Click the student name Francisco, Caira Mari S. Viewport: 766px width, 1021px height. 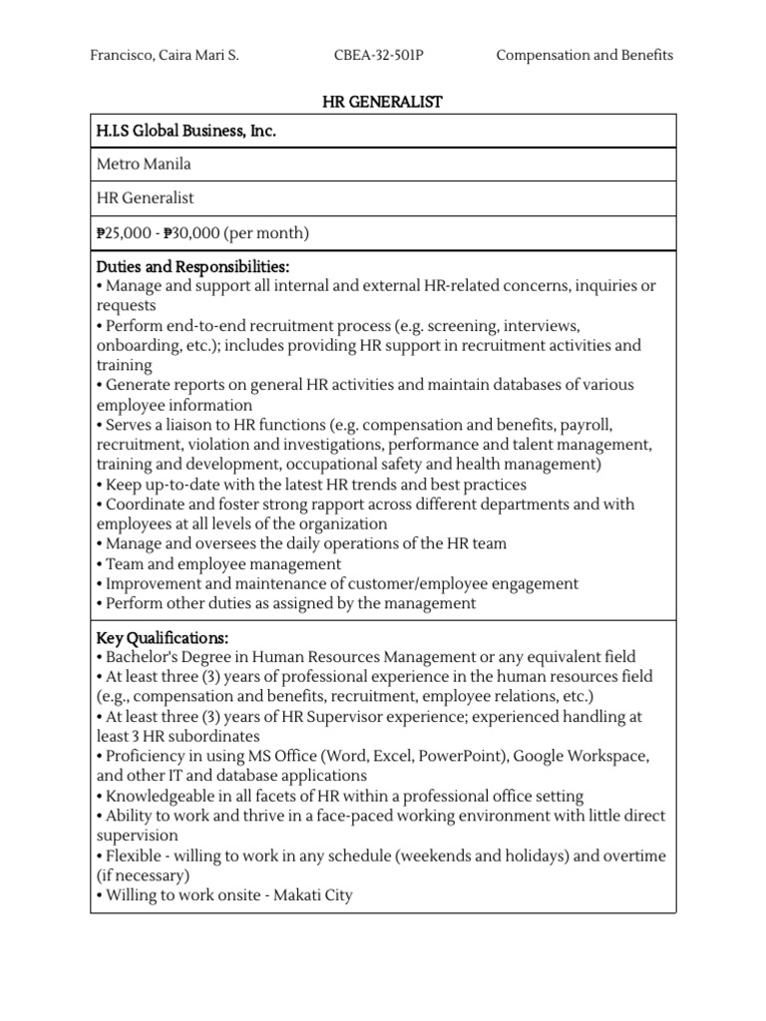click(x=165, y=55)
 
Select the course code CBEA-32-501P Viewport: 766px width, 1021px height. click(x=378, y=55)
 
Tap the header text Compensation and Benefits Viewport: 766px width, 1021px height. click(x=584, y=55)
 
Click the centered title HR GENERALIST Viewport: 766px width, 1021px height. click(x=383, y=102)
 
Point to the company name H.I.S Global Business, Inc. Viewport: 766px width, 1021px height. click(x=186, y=131)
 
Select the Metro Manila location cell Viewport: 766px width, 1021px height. click(x=143, y=165)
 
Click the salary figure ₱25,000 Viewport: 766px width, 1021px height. click(x=126, y=233)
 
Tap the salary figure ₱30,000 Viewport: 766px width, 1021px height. click(x=190, y=233)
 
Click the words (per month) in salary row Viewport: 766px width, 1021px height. click(x=266, y=233)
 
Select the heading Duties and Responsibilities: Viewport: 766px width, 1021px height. click(x=192, y=267)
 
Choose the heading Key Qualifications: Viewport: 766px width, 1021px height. click(x=163, y=637)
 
